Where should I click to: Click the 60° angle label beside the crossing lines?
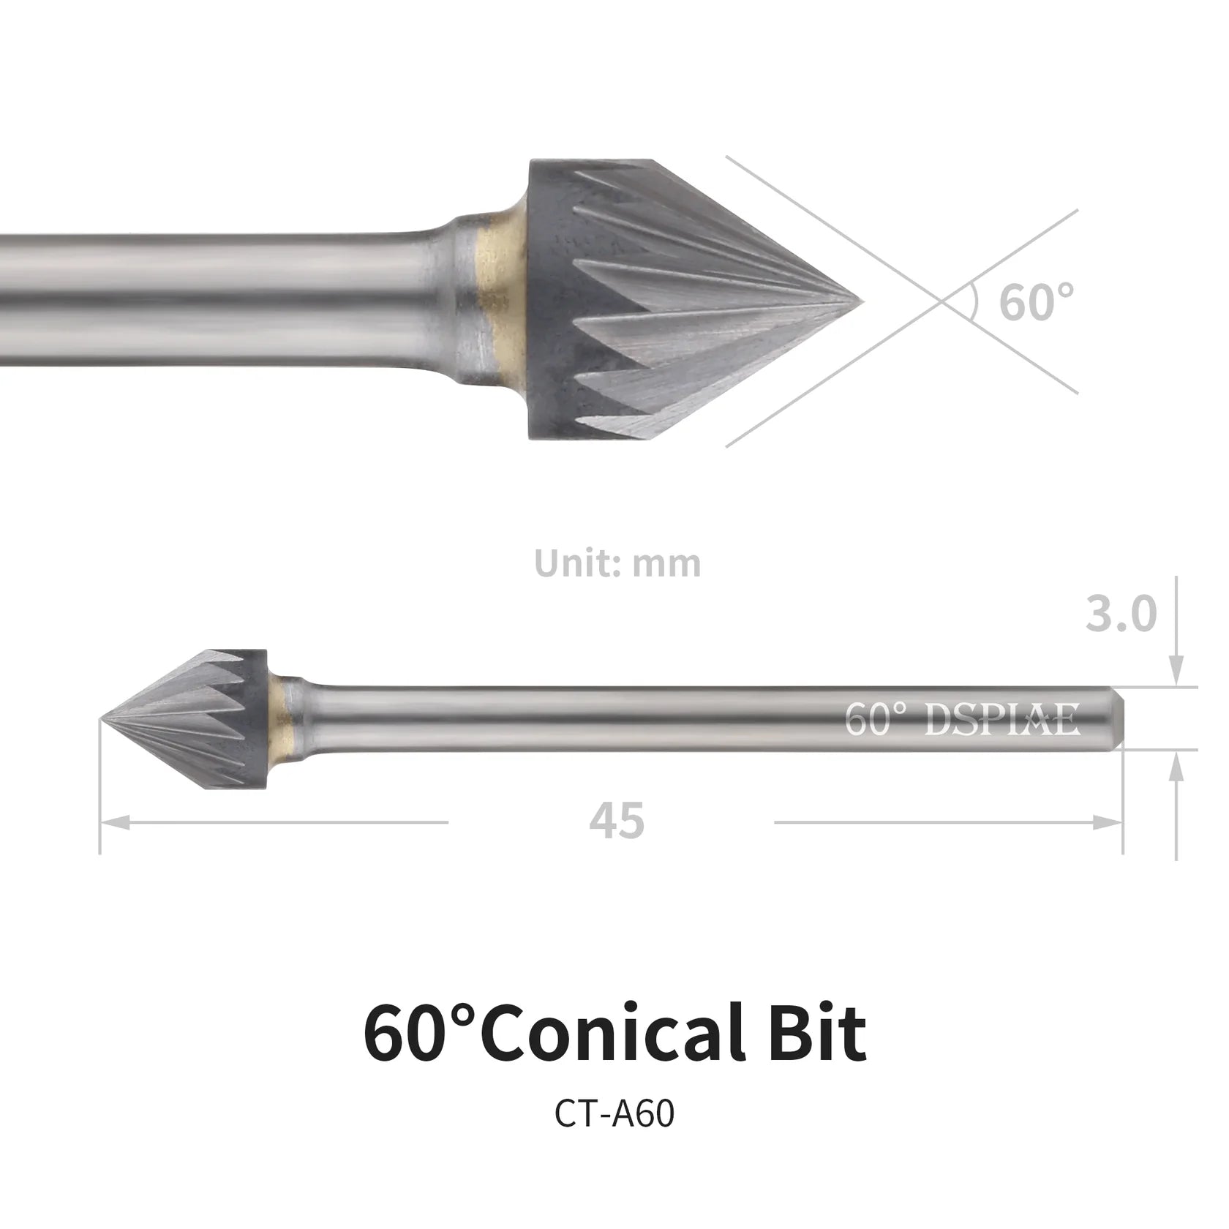[1036, 301]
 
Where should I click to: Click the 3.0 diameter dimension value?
[1120, 614]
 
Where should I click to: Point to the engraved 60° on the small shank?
[875, 720]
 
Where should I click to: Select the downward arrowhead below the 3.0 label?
[1176, 669]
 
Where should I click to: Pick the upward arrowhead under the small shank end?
[1176, 767]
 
